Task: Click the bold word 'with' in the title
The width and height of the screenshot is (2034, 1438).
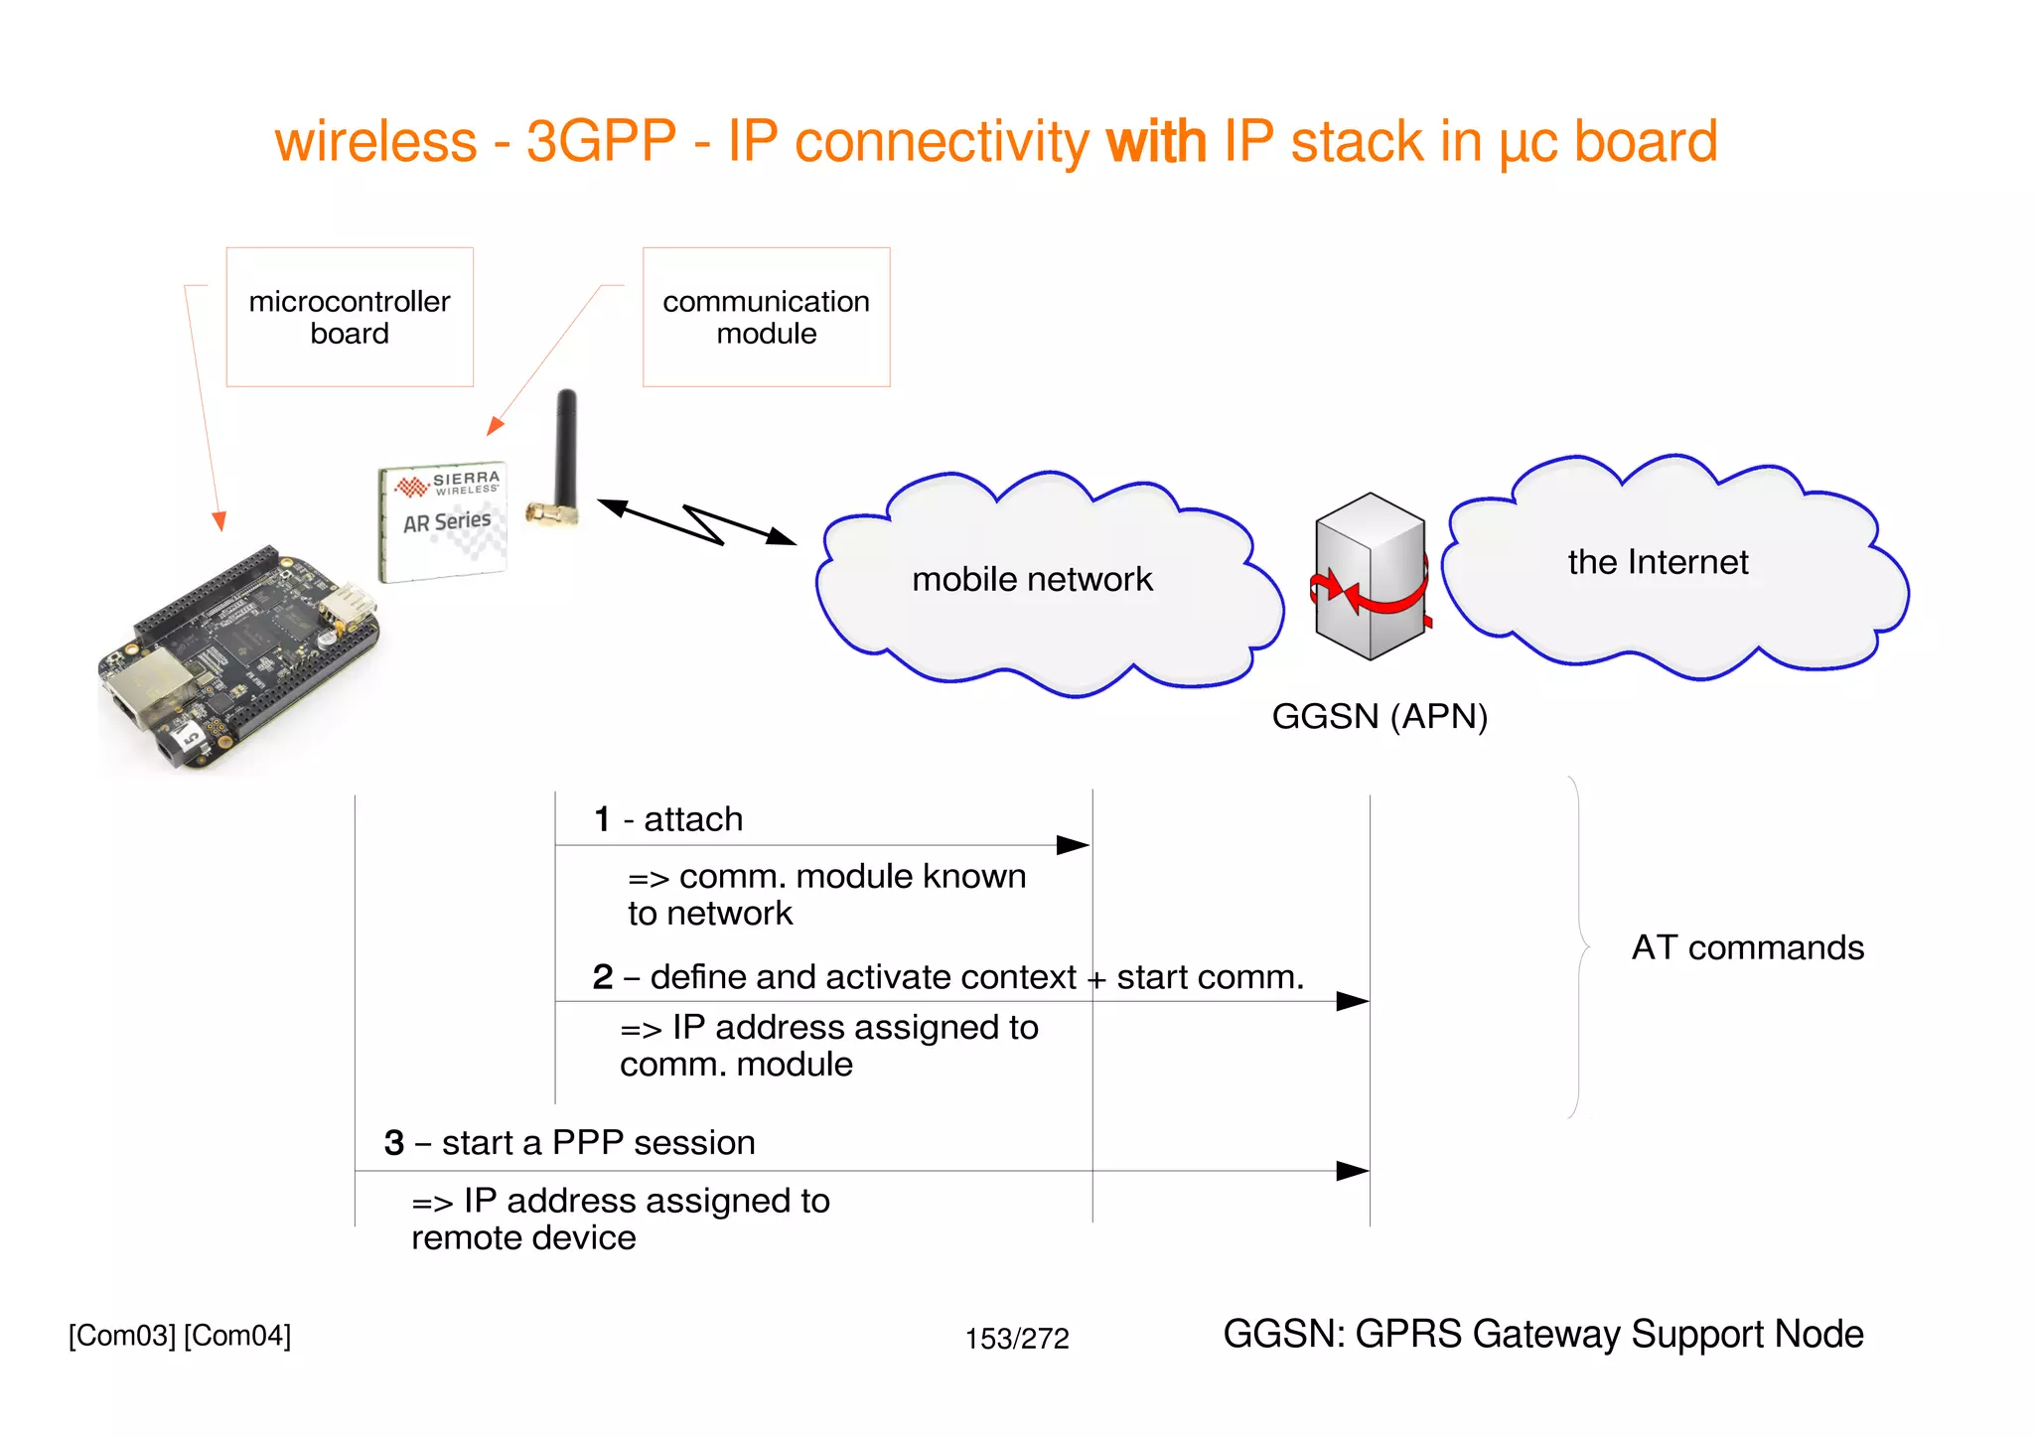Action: point(1156,141)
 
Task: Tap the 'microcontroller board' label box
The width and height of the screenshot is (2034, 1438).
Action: point(350,317)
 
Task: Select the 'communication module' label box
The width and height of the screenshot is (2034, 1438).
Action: point(766,317)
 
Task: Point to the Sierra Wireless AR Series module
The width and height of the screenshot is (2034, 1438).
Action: point(444,521)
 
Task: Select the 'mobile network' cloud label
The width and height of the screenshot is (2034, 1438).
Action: point(1032,579)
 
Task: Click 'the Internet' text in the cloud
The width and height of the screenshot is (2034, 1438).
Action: point(1657,562)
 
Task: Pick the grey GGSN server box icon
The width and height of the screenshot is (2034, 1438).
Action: point(1370,576)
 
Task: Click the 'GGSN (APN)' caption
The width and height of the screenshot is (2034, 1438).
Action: point(1379,716)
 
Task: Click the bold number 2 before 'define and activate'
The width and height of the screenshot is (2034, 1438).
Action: point(602,977)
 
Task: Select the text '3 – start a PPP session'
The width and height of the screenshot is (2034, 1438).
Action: point(569,1143)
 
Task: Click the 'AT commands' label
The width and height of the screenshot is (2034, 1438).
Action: point(1747,947)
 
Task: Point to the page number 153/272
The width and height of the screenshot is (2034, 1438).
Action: point(1016,1339)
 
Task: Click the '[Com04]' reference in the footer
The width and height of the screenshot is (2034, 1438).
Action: point(237,1336)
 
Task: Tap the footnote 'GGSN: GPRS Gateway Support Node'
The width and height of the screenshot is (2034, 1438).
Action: point(1542,1334)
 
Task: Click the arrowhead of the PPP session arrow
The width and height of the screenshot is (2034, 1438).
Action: point(1352,1171)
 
